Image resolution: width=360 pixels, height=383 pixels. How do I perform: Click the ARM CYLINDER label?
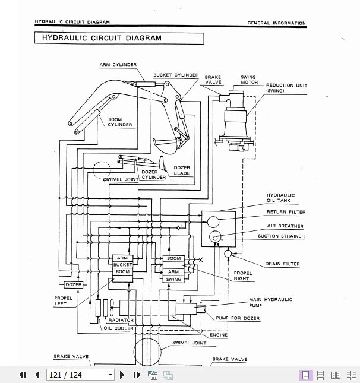click(x=118, y=65)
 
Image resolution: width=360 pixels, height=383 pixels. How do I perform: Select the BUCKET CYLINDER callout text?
click(x=176, y=75)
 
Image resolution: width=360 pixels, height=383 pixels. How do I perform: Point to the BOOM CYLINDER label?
click(x=119, y=122)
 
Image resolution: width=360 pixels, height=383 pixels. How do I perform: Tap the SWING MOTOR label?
click(x=249, y=80)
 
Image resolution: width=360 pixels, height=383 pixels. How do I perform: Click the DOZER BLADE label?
click(x=182, y=170)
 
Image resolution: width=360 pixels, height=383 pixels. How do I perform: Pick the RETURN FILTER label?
click(x=286, y=212)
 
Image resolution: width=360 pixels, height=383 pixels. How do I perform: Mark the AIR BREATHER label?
click(x=285, y=226)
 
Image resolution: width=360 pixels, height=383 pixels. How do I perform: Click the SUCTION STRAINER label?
click(x=281, y=236)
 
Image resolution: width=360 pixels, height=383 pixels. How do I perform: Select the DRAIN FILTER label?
click(x=283, y=264)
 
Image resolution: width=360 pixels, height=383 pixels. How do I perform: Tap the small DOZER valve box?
click(x=74, y=285)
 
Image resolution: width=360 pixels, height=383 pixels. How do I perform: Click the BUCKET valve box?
click(x=122, y=265)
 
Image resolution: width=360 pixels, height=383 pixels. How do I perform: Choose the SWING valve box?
click(x=173, y=279)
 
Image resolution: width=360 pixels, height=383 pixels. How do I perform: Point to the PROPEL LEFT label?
click(x=63, y=301)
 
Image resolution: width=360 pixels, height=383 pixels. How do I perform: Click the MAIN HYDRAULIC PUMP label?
click(x=270, y=302)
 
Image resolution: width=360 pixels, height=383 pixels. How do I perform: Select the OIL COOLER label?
click(x=119, y=328)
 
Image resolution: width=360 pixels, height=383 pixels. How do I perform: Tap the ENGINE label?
click(x=219, y=335)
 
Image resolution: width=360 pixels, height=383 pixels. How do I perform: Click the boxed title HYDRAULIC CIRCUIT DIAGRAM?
click(x=119, y=38)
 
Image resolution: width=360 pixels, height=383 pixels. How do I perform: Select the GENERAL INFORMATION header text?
click(x=276, y=23)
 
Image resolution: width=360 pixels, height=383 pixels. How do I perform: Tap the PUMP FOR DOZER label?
click(x=237, y=318)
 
